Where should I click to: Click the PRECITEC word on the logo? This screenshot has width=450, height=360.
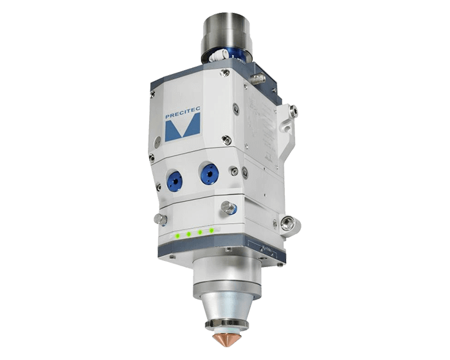pos(183,113)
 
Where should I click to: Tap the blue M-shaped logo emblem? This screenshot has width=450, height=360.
pos(182,127)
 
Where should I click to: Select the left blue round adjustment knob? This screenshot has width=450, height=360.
pos(174,181)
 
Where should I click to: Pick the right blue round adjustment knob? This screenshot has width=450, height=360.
pos(210,174)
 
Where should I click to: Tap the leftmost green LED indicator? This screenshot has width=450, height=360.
pos(177,236)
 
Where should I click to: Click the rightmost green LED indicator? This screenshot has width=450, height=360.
pos(212,230)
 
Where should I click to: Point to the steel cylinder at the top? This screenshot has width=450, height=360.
pos(228,33)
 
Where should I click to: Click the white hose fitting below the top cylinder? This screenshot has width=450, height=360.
pos(219,56)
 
